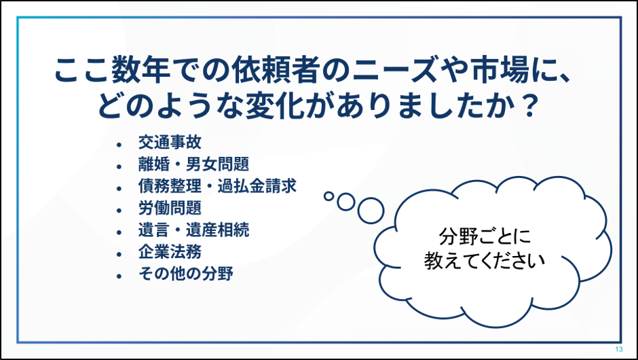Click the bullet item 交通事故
[x=170, y=143]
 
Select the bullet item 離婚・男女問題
[x=193, y=164]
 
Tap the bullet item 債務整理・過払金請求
[x=217, y=187]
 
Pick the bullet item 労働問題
[x=170, y=209]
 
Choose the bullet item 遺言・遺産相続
[x=193, y=230]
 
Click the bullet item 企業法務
[x=170, y=253]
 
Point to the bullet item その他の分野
[x=185, y=274]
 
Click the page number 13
[x=619, y=349]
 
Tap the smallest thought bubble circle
[x=329, y=196]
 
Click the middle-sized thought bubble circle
[x=346, y=202]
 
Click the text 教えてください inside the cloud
[x=485, y=261]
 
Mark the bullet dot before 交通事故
[x=119, y=144]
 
